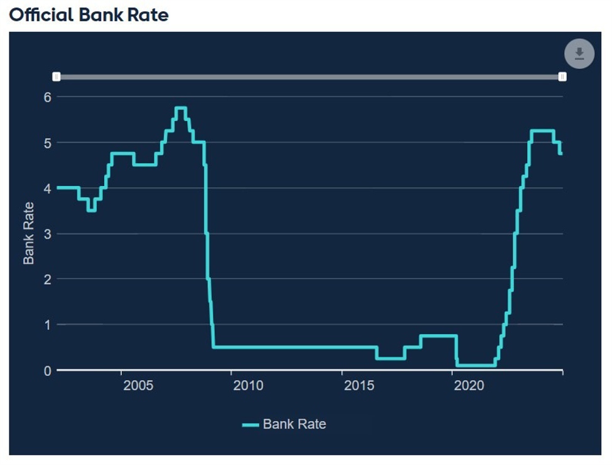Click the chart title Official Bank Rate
pos(89,14)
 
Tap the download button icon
pos(579,54)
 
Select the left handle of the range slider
pos(56,77)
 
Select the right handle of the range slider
pos(562,77)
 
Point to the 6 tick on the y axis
pos(46,97)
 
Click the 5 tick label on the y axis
pos(46,143)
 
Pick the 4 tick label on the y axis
pos(46,188)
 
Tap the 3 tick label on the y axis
pos(46,234)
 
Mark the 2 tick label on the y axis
pos(46,279)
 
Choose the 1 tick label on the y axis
pos(46,325)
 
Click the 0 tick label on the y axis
pos(46,370)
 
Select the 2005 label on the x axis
pos(138,385)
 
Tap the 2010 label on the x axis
pos(249,385)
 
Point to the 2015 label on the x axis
pos(359,385)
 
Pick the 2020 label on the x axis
pos(470,385)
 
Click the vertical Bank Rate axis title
pos(29,233)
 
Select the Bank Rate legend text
pos(294,424)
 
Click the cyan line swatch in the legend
pos(250,425)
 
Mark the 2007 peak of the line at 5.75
pos(181,108)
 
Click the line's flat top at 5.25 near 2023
pos(542,131)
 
